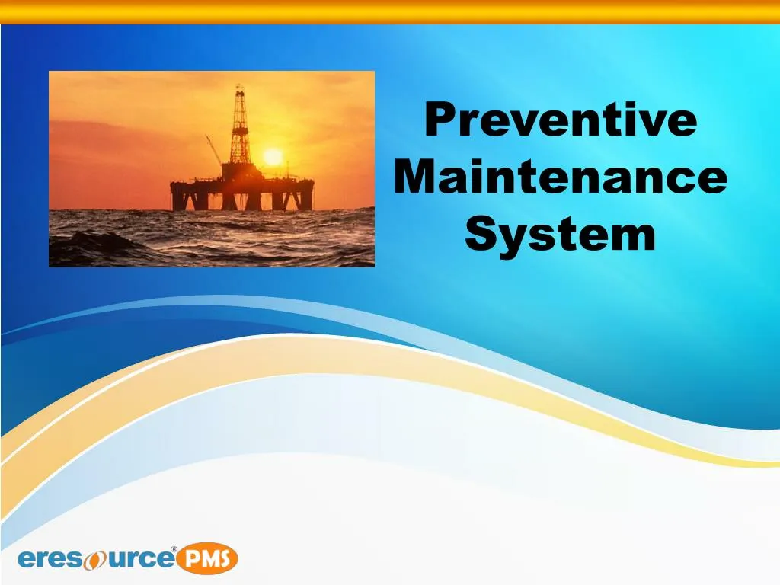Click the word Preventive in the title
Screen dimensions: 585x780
tap(560, 121)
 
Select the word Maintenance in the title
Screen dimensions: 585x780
tap(561, 177)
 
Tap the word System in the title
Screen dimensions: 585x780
tap(560, 234)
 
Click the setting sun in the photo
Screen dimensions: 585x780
tap(272, 157)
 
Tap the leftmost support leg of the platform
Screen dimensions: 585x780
tap(179, 199)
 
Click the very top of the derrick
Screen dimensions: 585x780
tap(239, 87)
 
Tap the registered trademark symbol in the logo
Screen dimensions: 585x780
tap(174, 549)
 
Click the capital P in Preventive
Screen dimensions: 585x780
tap(440, 121)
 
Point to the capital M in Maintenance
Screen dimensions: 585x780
tap(415, 177)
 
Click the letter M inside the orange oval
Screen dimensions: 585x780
tap(207, 560)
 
